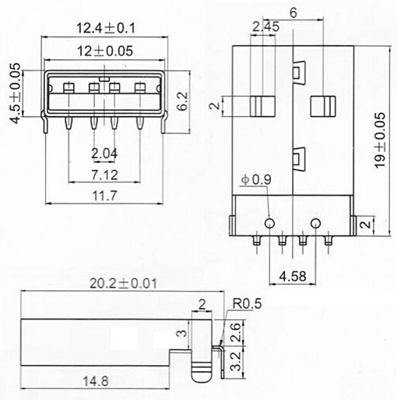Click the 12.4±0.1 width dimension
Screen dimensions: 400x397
pyautogui.click(x=105, y=29)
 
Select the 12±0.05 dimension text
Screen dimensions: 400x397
pyautogui.click(x=105, y=51)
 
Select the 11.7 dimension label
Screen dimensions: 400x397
pyautogui.click(x=104, y=196)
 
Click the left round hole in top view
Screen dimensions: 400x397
pyautogui.click(x=269, y=224)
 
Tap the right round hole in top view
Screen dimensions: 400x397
pyautogui.click(x=315, y=224)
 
